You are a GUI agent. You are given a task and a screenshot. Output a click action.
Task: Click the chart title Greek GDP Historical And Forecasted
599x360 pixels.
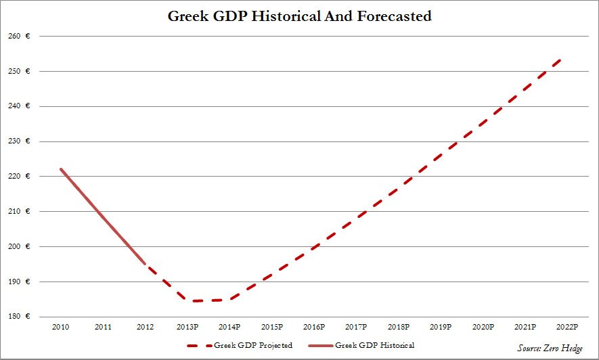(299, 16)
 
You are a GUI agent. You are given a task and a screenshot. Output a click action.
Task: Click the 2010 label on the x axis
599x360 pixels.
(61, 327)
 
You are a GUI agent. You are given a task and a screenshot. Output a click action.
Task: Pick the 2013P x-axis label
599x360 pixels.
(187, 327)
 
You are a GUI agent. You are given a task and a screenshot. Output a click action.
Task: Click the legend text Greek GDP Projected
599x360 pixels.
(253, 346)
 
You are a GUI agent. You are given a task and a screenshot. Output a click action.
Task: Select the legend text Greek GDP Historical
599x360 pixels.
(374, 346)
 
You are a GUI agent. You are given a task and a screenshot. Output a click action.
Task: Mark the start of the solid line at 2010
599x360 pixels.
(61, 169)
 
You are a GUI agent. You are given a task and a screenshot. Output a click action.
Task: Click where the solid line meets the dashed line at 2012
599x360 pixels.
(145, 263)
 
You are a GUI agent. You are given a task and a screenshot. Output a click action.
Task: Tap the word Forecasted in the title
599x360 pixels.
(393, 16)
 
